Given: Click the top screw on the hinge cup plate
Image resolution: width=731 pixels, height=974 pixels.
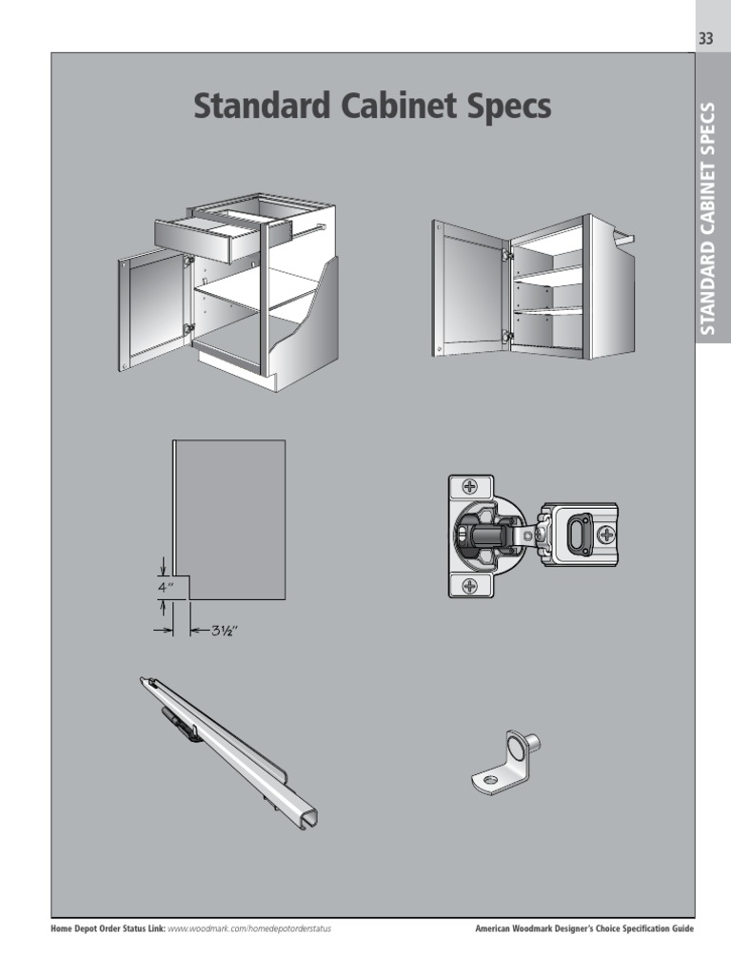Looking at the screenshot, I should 469,487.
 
